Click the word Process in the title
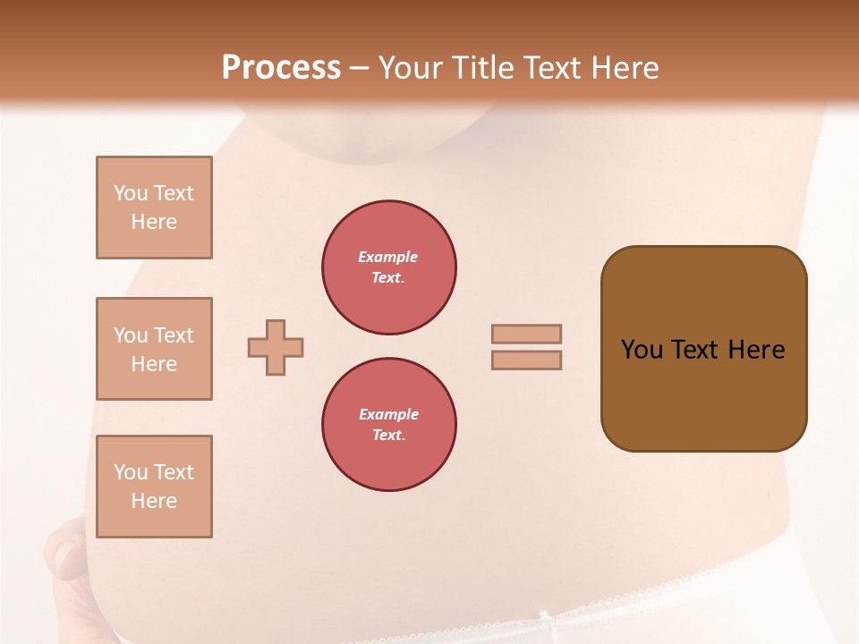tap(281, 68)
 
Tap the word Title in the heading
tap(474, 68)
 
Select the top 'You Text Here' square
tap(154, 208)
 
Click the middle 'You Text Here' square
tap(154, 349)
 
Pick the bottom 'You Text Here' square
tap(154, 487)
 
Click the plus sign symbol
tap(276, 347)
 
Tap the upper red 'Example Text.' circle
tap(389, 267)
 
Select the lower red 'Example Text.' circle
tap(389, 425)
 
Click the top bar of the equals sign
tap(526, 334)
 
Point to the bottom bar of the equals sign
tap(526, 360)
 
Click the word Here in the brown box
tap(756, 350)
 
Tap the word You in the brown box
tap(642, 350)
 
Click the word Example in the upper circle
tap(388, 257)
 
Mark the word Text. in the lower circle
tap(388, 436)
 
